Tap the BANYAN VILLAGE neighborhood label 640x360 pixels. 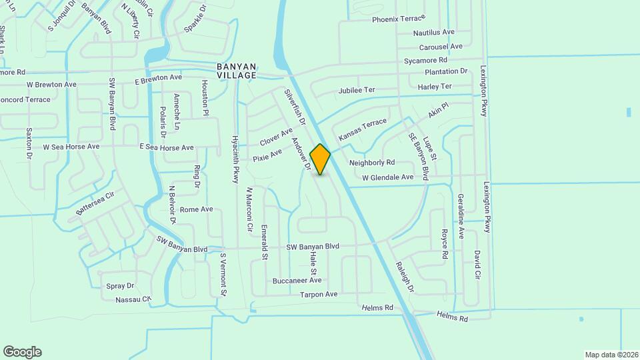(x=237, y=71)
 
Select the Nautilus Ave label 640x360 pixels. (x=433, y=32)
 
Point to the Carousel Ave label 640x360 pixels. (x=441, y=47)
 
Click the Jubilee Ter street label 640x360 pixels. (x=357, y=90)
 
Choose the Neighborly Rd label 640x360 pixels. (x=372, y=162)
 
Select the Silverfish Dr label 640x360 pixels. (x=294, y=108)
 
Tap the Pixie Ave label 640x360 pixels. (x=267, y=157)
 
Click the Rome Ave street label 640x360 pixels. (x=196, y=209)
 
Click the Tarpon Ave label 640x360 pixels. (x=319, y=294)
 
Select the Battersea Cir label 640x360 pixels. (x=95, y=203)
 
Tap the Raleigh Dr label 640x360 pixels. (x=405, y=276)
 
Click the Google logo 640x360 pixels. (x=22, y=352)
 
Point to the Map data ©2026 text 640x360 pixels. (x=611, y=355)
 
